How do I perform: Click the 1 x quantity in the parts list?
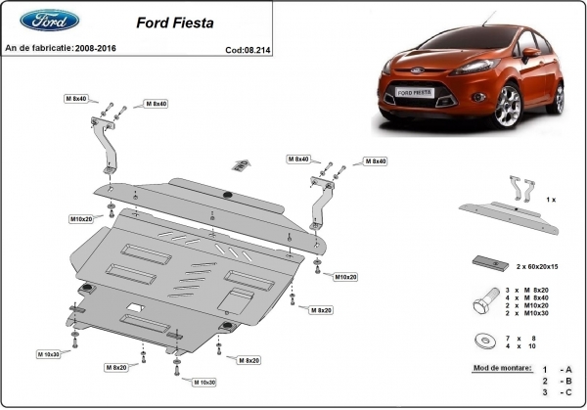click(x=552, y=199)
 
